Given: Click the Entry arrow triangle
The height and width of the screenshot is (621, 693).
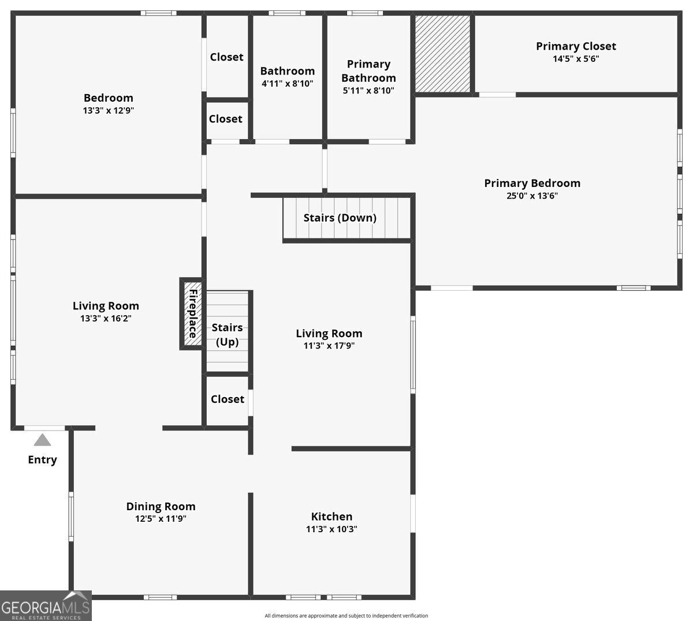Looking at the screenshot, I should click(42, 440).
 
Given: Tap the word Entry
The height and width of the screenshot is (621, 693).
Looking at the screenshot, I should click(42, 460).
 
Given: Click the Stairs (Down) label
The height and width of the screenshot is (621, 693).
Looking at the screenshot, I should click(340, 218).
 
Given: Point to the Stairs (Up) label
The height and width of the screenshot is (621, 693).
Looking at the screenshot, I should click(227, 335).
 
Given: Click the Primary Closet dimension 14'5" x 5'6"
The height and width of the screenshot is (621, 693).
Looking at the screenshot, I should click(576, 58).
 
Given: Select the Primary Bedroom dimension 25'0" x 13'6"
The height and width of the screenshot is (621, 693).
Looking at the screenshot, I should click(532, 196).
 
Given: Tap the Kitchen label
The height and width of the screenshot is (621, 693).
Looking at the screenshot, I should click(331, 517).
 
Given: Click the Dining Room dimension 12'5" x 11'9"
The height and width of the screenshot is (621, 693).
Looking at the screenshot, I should click(161, 519).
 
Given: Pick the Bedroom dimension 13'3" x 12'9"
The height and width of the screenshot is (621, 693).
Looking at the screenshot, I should click(109, 110).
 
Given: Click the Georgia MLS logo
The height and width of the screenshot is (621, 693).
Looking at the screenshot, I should click(46, 606).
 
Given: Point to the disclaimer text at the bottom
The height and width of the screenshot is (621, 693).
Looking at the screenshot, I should click(346, 616).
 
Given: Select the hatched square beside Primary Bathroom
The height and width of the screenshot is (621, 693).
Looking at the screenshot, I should click(443, 53).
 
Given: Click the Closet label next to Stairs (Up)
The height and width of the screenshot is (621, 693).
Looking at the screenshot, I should click(227, 399).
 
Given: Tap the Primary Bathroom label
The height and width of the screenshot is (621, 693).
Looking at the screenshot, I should click(368, 71).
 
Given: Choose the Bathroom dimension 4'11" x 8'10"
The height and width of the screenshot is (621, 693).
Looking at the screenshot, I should click(287, 83).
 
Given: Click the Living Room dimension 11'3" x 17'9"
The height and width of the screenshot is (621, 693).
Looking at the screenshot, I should click(329, 346).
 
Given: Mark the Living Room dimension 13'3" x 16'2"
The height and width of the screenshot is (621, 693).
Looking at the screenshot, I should click(106, 318).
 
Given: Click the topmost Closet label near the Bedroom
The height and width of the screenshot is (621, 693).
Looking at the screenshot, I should click(226, 57).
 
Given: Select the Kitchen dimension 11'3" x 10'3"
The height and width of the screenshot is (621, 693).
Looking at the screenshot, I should click(331, 529).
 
